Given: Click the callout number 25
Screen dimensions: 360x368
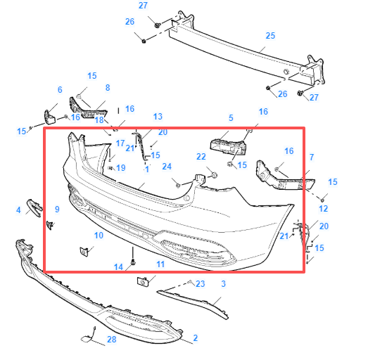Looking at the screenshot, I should pos(270,35).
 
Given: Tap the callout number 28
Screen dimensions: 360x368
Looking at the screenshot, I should pos(111,340).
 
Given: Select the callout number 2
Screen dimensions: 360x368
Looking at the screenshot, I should pos(195,339).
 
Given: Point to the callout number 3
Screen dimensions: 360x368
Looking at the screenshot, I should pos(224,283).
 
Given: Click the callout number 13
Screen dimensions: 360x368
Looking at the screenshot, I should pos(157,116).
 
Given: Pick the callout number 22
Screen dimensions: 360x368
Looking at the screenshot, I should pos(201,156).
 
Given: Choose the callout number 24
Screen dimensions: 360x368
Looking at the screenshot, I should pos(167,167).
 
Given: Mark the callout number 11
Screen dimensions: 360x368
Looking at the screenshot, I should pos(160,264).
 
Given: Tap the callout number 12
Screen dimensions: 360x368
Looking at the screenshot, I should pos(323,209).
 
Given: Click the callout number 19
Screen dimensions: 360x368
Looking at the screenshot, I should pos(121,167).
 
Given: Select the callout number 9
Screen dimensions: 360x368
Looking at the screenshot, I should pos(57,209).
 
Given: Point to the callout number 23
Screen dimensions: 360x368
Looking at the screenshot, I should pos(200,283).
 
